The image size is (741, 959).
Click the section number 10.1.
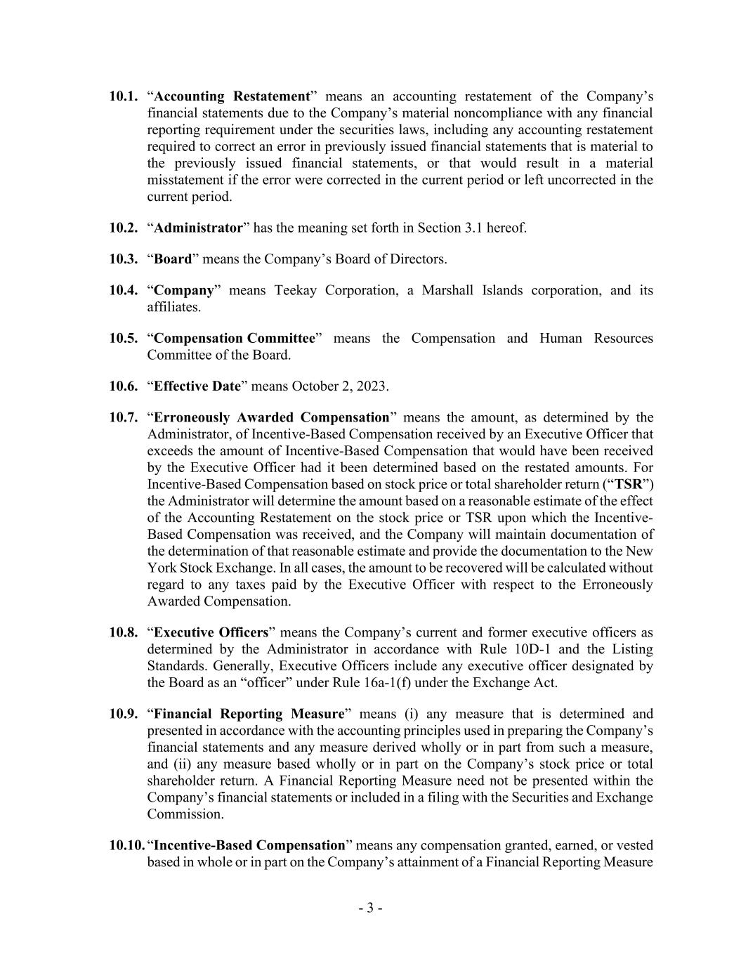[123, 96]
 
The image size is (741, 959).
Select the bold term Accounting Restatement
[232, 96]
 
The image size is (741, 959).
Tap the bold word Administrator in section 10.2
[198, 228]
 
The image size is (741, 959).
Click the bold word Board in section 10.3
[173, 259]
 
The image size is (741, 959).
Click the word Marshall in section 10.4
[447, 291]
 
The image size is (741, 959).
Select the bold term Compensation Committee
[235, 339]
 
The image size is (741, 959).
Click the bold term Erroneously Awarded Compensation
[271, 418]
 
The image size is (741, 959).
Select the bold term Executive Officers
[211, 632]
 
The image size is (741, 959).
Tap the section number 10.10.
[126, 845]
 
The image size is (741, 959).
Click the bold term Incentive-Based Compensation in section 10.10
[250, 845]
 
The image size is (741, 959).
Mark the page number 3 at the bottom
[370, 908]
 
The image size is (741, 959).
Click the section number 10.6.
[123, 386]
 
